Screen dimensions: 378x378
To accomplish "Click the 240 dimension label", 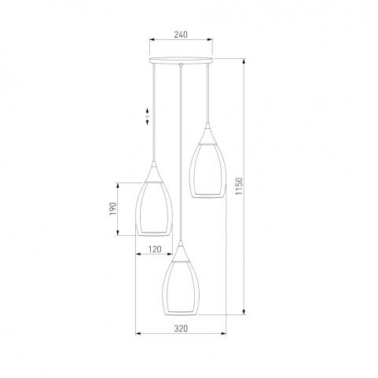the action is tap(181, 35).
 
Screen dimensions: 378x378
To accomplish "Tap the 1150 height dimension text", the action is tap(239, 186).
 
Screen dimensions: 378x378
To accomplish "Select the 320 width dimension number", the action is tap(181, 328).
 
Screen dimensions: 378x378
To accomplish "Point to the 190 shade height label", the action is tap(112, 209).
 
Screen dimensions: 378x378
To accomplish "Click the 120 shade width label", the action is tap(155, 249).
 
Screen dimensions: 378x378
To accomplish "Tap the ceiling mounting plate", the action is tap(181, 61).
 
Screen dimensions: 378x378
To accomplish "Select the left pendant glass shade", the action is tap(154, 208).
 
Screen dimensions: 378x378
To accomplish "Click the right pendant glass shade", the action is tap(207, 171).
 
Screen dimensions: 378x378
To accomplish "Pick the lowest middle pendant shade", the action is tap(181, 288).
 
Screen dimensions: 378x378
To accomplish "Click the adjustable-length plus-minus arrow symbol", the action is tap(147, 116).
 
